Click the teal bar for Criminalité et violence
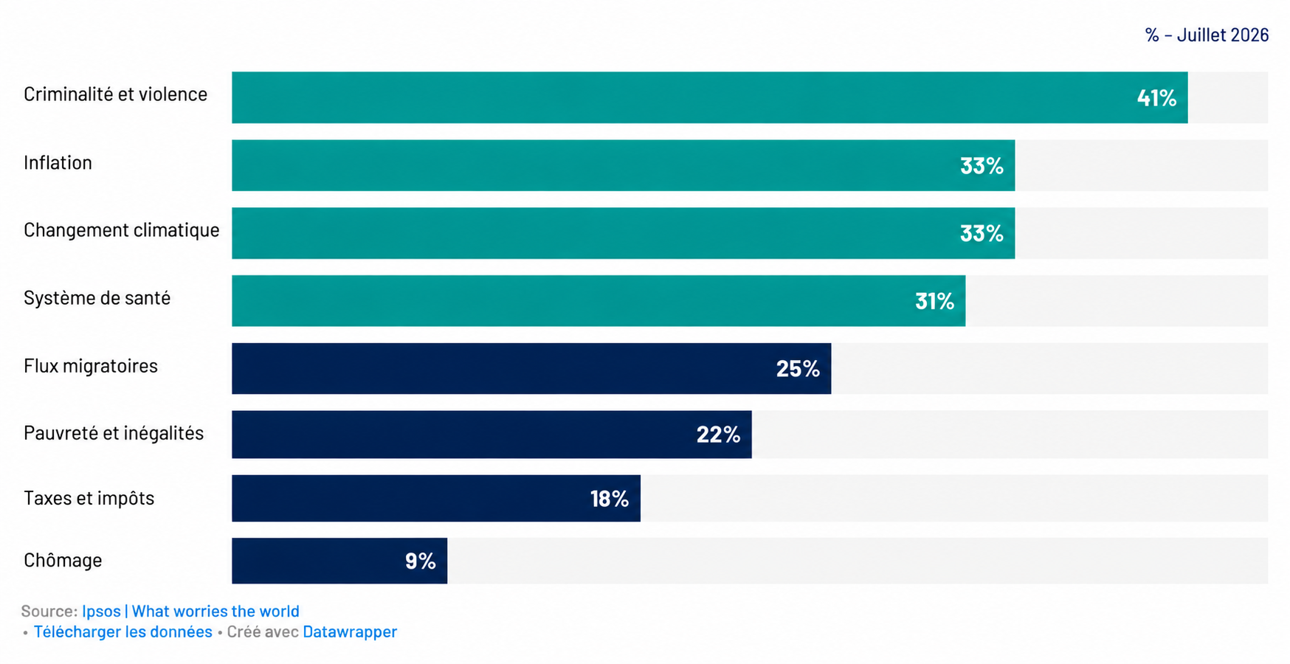pyautogui.click(x=709, y=97)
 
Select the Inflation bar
pyautogui.click(x=623, y=165)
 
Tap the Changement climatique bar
pyautogui.click(x=623, y=233)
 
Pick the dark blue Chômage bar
pyautogui.click(x=339, y=561)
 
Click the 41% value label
pyautogui.click(x=1156, y=97)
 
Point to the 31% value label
pyautogui.click(x=934, y=301)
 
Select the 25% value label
pyautogui.click(x=798, y=368)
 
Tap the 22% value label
pyautogui.click(x=718, y=435)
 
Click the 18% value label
pyautogui.click(x=609, y=499)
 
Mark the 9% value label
pyautogui.click(x=421, y=561)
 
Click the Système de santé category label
pyautogui.click(x=97, y=298)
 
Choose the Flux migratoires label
pyautogui.click(x=91, y=366)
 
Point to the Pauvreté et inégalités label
pyautogui.click(x=114, y=433)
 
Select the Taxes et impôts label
pyautogui.click(x=89, y=498)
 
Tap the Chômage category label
pyautogui.click(x=63, y=560)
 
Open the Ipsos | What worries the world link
pyautogui.click(x=190, y=611)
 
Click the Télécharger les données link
pyautogui.click(x=123, y=632)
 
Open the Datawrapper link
pyautogui.click(x=350, y=632)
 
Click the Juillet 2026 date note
pyautogui.click(x=1223, y=35)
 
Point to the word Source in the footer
pyautogui.click(x=48, y=611)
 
